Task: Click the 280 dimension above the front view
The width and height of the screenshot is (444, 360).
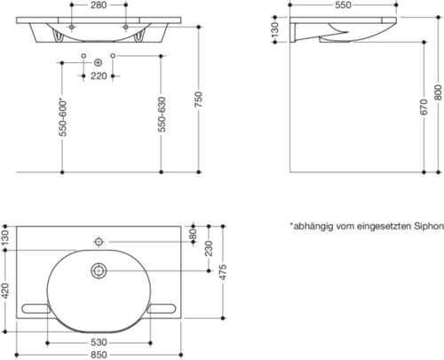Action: pyautogui.click(x=99, y=5)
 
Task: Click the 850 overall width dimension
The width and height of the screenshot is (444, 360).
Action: pyautogui.click(x=98, y=353)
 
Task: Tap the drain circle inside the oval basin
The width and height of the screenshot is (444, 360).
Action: pyautogui.click(x=98, y=271)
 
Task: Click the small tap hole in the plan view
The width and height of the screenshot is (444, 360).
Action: pyautogui.click(x=98, y=240)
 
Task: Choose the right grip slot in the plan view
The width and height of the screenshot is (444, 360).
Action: pyautogui.click(x=163, y=309)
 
